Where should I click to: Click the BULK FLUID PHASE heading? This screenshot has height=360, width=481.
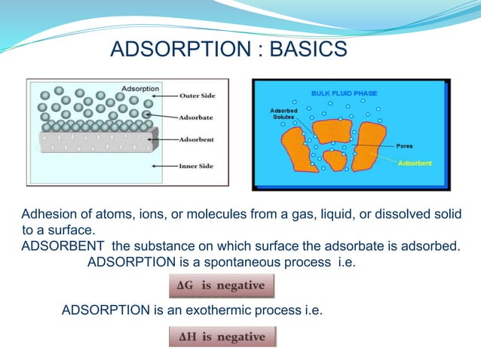tap(346, 93)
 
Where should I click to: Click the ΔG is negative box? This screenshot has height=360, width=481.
tap(221, 286)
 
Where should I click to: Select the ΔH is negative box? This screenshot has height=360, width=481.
tap(222, 337)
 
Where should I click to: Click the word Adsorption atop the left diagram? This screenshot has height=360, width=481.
tap(140, 88)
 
